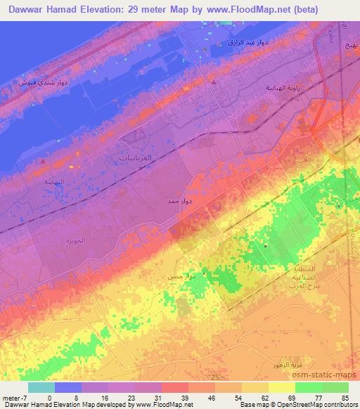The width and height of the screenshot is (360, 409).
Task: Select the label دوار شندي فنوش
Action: click(x=44, y=83)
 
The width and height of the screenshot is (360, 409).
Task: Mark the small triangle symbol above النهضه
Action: click(x=43, y=161)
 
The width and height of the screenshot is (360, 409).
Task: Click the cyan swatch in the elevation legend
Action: click(x=41, y=387)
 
